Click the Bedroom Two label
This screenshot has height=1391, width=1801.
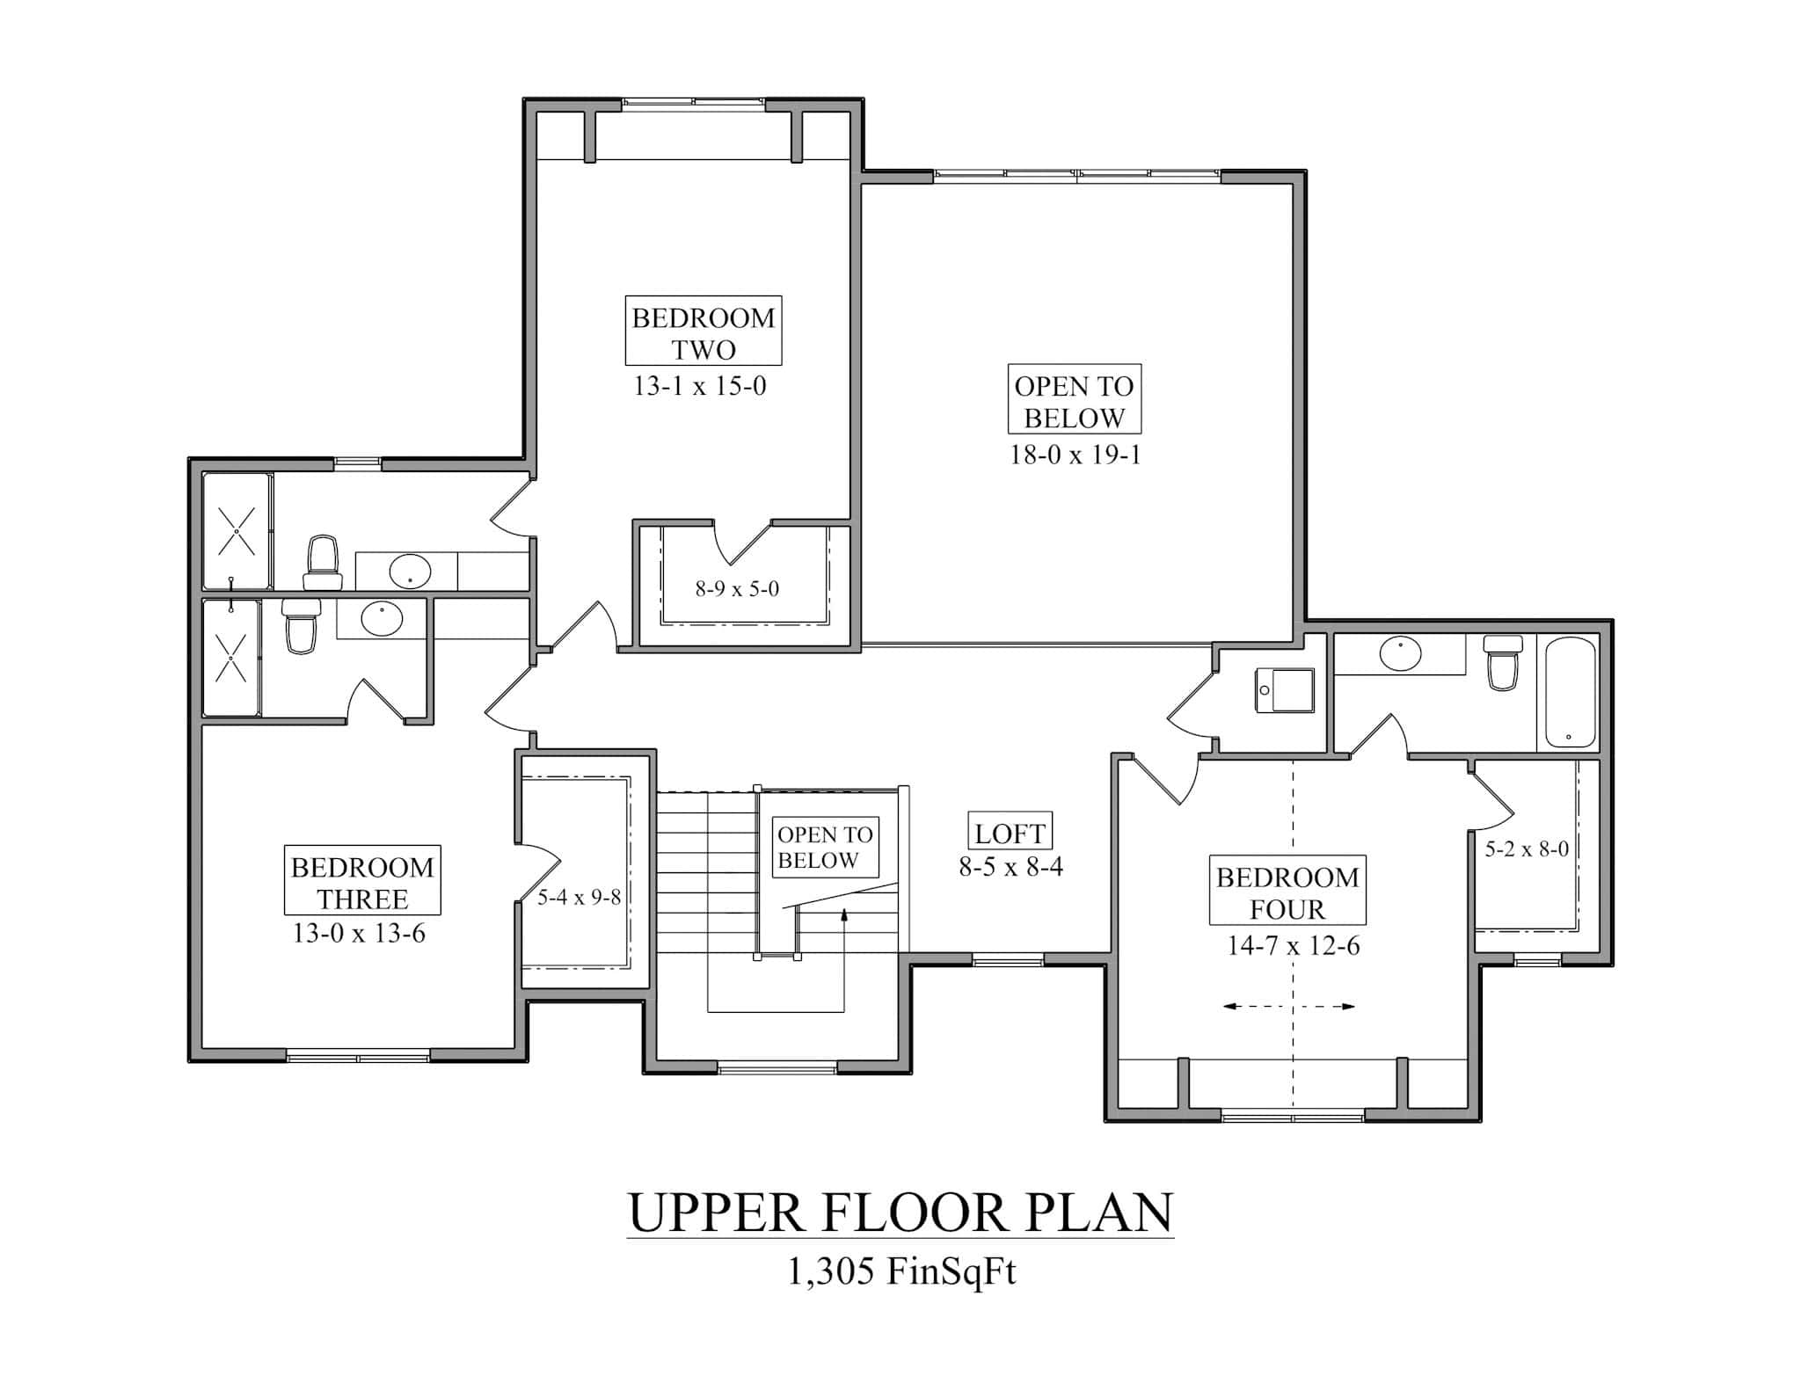(703, 331)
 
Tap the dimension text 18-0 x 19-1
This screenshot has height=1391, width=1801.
(1075, 455)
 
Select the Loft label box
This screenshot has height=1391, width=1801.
(1010, 833)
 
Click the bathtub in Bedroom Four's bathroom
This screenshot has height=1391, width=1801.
(1571, 692)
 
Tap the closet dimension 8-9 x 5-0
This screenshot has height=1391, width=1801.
(737, 589)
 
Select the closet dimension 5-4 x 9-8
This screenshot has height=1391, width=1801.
(580, 898)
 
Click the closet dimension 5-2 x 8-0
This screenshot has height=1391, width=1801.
(1527, 849)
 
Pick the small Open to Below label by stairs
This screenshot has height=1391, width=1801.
(825, 848)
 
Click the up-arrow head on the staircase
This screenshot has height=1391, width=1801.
(844, 915)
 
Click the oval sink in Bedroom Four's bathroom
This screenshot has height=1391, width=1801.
(1401, 654)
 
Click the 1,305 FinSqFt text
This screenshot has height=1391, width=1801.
(900, 1272)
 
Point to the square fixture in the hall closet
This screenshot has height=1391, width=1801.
(1285, 691)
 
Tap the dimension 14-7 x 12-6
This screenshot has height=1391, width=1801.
(1294, 946)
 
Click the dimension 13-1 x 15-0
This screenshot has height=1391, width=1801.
(700, 386)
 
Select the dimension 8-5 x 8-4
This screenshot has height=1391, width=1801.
(1010, 868)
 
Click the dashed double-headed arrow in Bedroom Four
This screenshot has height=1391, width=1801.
(1289, 1007)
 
